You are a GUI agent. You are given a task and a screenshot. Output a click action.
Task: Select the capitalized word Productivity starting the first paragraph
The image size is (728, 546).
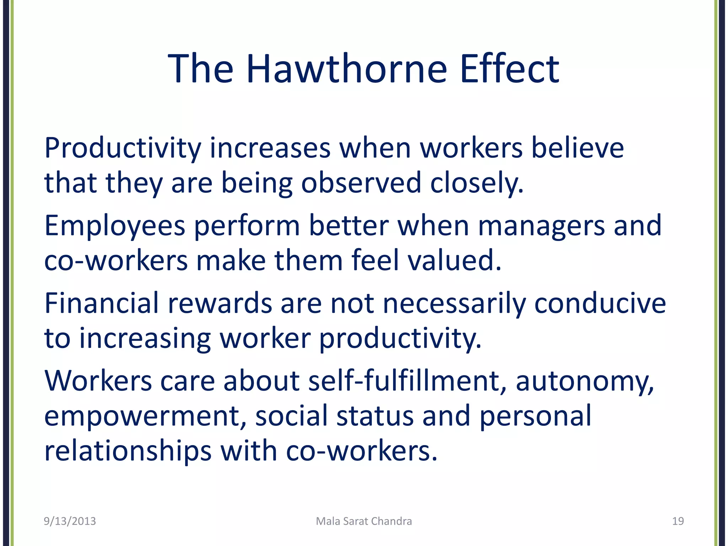[123, 149]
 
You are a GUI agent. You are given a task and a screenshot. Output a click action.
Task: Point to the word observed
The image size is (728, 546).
[361, 183]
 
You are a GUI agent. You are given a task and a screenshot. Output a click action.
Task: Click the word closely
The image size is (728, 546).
[477, 183]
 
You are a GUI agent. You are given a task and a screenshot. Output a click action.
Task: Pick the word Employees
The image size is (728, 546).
[115, 226]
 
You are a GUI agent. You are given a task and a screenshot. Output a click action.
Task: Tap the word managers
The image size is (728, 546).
[541, 226]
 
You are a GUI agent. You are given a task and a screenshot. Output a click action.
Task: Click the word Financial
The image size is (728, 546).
[101, 303]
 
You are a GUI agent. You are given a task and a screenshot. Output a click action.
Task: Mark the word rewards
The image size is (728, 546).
[220, 303]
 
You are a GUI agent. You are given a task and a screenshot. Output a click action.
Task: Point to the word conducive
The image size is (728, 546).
[600, 303]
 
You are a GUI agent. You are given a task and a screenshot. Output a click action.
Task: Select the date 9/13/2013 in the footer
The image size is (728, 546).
[70, 521]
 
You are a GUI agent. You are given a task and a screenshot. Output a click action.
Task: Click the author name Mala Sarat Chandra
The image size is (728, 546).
[364, 521]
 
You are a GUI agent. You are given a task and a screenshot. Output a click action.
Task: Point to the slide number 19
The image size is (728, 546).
[678, 521]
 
